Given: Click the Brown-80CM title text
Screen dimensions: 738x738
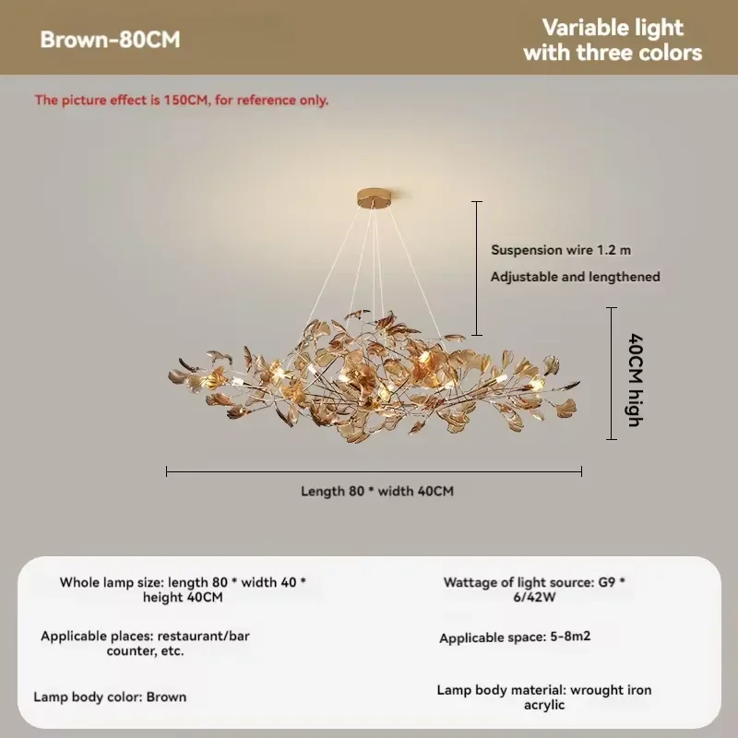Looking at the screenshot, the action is [x=110, y=40].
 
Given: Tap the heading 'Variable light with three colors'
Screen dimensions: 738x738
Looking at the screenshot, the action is [x=613, y=40].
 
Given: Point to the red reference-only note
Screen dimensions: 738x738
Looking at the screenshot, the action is [x=182, y=101].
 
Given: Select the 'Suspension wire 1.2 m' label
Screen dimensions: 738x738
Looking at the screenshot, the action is [x=561, y=250].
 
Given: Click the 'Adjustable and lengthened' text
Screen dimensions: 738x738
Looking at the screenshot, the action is [x=575, y=277].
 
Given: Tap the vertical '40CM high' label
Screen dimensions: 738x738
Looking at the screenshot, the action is [x=636, y=380].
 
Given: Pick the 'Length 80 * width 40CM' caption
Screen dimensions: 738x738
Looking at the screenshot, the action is [x=377, y=491].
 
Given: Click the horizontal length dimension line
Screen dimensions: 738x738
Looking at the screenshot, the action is [x=375, y=471].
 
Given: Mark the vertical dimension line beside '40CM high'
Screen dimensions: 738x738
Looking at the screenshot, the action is [x=612, y=374].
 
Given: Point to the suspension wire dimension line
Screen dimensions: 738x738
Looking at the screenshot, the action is [x=477, y=268].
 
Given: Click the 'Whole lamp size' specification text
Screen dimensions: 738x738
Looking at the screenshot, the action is [x=183, y=589].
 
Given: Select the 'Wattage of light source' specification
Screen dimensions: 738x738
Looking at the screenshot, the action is [x=534, y=589].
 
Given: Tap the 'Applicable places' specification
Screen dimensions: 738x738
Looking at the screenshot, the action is [x=145, y=643].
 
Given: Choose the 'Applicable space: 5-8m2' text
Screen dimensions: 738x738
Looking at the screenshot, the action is [x=515, y=637].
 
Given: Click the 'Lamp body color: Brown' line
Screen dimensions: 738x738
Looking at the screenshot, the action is [x=110, y=697].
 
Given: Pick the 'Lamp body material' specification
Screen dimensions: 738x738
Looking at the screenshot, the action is [x=544, y=697].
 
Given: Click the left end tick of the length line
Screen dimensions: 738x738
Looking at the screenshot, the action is [x=167, y=471].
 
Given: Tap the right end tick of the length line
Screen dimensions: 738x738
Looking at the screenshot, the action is [x=582, y=471].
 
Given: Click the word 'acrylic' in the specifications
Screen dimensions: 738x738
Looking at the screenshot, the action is [x=544, y=705].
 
